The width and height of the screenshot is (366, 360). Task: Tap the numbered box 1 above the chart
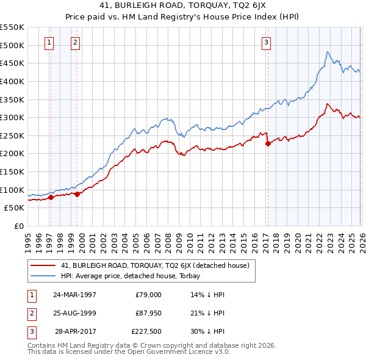pos(49,42)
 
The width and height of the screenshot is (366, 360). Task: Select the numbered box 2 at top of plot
pos(74,42)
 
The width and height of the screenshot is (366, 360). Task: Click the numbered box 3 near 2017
pos(267,42)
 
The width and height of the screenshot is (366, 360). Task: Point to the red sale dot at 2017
pos(268,144)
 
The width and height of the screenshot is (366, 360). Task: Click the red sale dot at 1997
pos(51,197)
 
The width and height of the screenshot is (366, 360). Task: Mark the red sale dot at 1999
pos(77,194)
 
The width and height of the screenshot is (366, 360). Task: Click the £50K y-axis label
pos(15,208)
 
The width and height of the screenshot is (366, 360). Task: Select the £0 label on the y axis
pos(20,226)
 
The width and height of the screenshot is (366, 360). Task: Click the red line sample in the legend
pos(43,266)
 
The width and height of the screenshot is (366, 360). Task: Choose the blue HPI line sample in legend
pos(43,276)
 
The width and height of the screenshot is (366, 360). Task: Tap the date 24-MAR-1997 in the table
pos(74,295)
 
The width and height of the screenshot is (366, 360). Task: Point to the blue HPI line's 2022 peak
pos(328,52)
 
